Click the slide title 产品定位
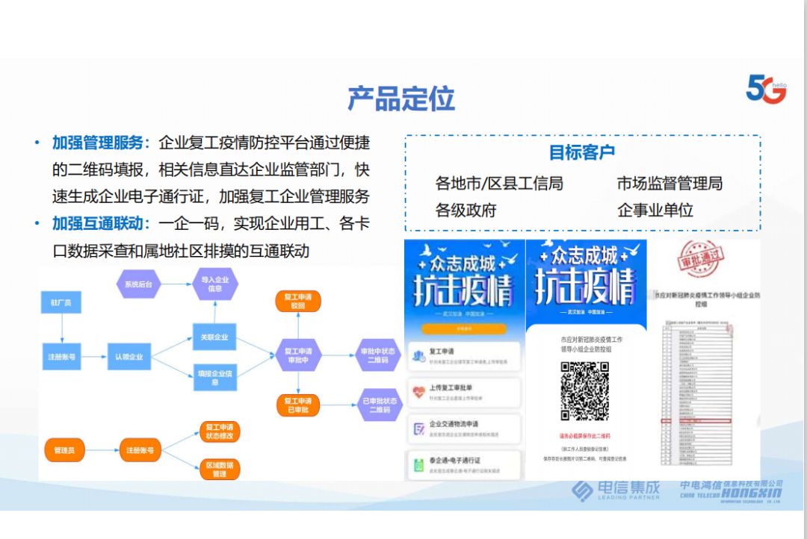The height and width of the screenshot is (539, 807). click(x=401, y=99)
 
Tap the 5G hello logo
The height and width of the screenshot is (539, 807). click(x=766, y=89)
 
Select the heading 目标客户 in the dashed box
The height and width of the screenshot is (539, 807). click(x=582, y=152)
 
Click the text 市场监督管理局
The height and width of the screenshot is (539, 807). click(x=670, y=184)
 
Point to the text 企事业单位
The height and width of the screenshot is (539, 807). click(x=655, y=211)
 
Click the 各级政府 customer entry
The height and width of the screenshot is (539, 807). click(x=466, y=211)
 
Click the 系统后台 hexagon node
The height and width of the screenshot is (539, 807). click(x=138, y=284)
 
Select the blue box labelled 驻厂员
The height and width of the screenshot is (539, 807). click(x=61, y=304)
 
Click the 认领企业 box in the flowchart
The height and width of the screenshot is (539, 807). click(x=129, y=357)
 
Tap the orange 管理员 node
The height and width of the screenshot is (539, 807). click(x=65, y=450)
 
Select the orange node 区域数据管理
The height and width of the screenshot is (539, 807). click(x=219, y=469)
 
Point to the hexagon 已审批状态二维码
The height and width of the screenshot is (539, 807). click(x=376, y=405)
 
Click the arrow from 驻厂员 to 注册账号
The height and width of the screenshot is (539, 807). click(x=61, y=328)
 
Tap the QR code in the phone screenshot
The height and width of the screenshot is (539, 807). click(x=585, y=390)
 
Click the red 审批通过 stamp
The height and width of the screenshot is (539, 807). click(x=700, y=258)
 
